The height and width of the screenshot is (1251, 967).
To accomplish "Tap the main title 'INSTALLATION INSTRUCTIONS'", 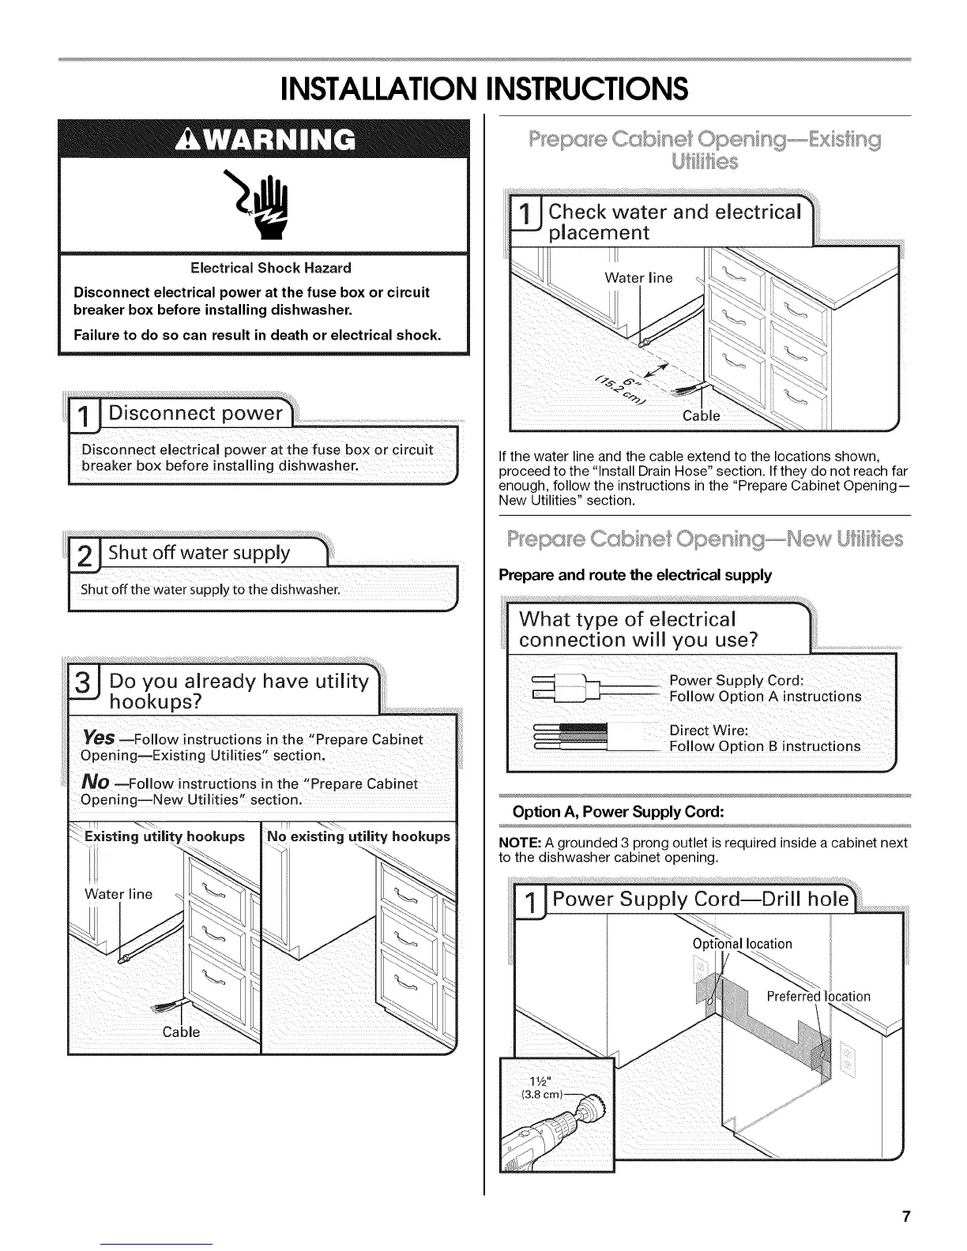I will click(484, 88).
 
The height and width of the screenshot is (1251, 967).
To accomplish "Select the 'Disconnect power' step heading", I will click(195, 413).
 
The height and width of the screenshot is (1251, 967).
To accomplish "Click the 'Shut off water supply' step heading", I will click(199, 552).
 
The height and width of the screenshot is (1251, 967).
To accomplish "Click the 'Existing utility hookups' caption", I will click(164, 836).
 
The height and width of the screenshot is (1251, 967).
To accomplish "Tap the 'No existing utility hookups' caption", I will click(358, 836).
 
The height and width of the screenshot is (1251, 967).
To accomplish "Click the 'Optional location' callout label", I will click(742, 944).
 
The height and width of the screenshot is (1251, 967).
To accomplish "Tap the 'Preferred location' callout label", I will click(818, 996).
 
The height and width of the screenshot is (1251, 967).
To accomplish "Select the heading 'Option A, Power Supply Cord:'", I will click(618, 812).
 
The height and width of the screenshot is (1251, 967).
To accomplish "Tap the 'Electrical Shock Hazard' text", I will click(265, 268).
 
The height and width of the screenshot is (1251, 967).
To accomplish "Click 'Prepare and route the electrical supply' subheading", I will click(635, 574).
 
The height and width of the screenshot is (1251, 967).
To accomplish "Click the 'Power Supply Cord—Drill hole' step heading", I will click(700, 900).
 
